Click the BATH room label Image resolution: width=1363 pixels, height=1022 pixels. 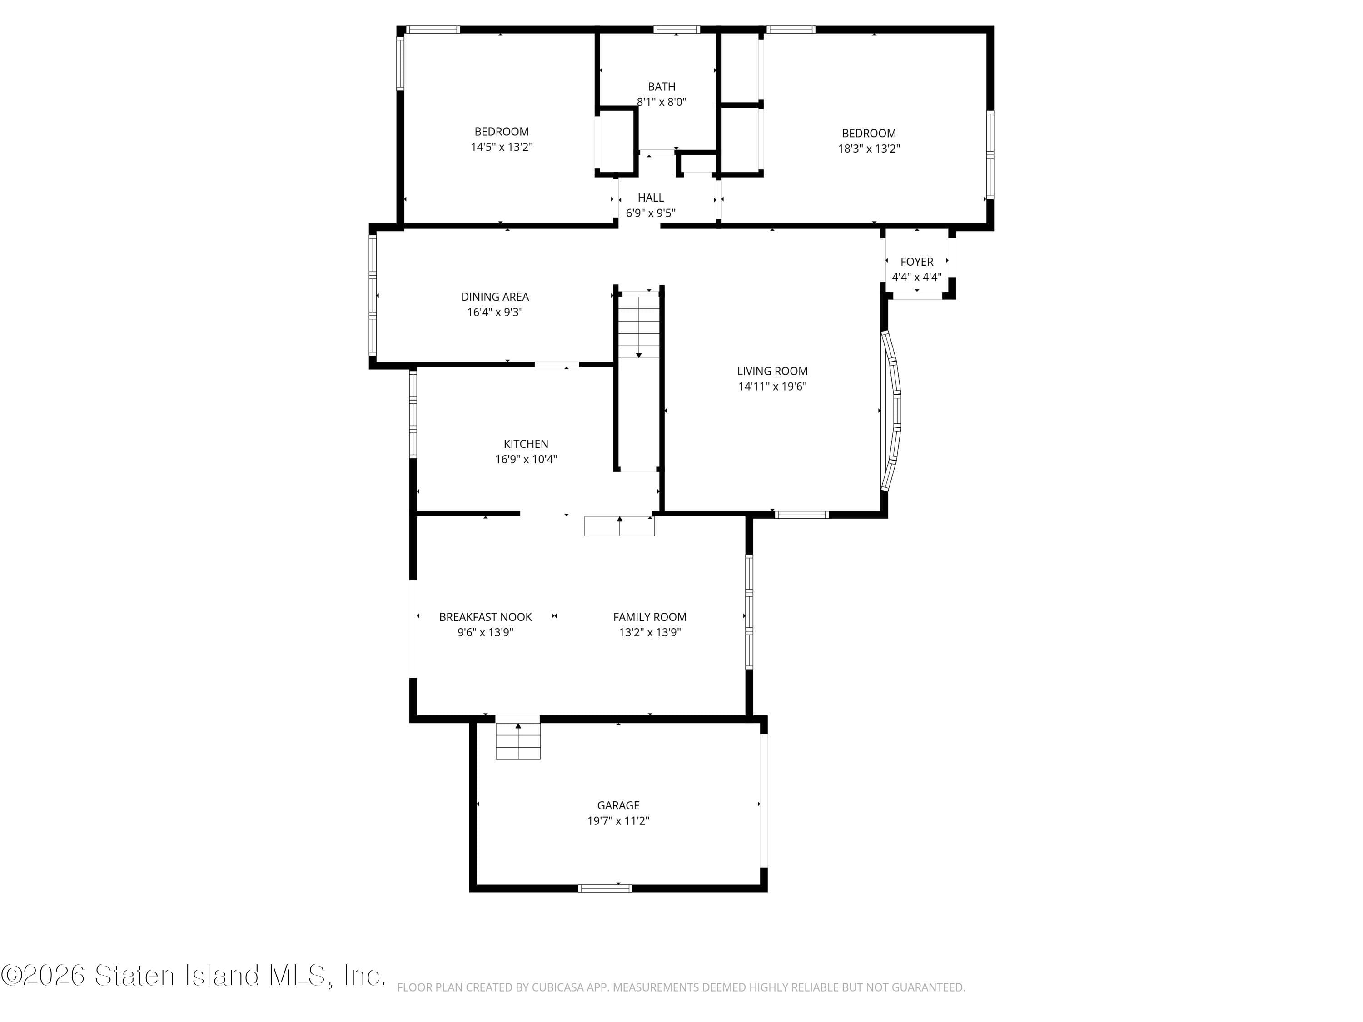click(x=661, y=87)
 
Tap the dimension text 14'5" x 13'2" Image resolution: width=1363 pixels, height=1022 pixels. click(x=502, y=147)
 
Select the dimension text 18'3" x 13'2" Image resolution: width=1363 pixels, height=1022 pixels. click(x=869, y=149)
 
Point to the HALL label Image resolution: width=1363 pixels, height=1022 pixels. click(x=651, y=198)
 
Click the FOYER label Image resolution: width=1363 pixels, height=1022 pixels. click(x=916, y=262)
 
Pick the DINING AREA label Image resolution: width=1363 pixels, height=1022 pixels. click(x=495, y=297)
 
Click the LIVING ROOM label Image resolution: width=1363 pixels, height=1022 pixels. click(x=772, y=371)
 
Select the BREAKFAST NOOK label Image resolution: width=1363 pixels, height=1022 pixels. click(x=486, y=617)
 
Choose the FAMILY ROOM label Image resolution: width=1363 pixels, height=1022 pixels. click(x=649, y=617)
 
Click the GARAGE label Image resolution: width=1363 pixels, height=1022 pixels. click(x=618, y=805)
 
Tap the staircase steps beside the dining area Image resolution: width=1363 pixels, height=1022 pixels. click(x=639, y=327)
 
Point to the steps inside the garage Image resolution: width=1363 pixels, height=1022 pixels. click(x=518, y=741)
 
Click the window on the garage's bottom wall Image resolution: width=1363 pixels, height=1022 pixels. click(x=605, y=888)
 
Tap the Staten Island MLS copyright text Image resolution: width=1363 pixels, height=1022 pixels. click(x=193, y=975)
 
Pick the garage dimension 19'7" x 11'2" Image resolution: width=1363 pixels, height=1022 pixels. click(x=618, y=821)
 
